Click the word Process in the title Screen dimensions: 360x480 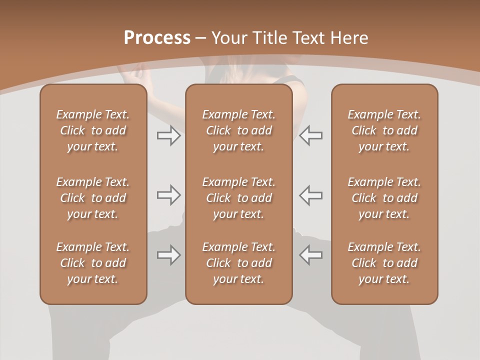click(x=157, y=38)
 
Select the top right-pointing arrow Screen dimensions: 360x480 click(x=168, y=135)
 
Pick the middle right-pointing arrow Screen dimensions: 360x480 click(x=168, y=195)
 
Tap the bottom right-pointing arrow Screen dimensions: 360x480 click(x=168, y=255)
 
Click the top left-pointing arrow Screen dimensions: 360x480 click(x=311, y=135)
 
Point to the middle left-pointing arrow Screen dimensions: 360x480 click(x=311, y=195)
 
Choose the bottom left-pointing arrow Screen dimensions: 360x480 click(x=311, y=255)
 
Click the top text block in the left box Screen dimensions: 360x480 click(x=93, y=130)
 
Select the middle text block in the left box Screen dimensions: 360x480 click(x=93, y=198)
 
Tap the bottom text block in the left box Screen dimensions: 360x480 click(x=93, y=263)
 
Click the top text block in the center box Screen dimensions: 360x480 click(x=239, y=130)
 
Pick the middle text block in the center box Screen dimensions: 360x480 click(x=239, y=198)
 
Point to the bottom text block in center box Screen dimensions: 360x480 click(x=239, y=263)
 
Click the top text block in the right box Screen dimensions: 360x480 click(x=384, y=130)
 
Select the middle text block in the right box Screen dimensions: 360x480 click(x=384, y=198)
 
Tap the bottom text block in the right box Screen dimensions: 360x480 click(x=384, y=263)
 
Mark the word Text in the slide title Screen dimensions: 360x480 click(x=307, y=38)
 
